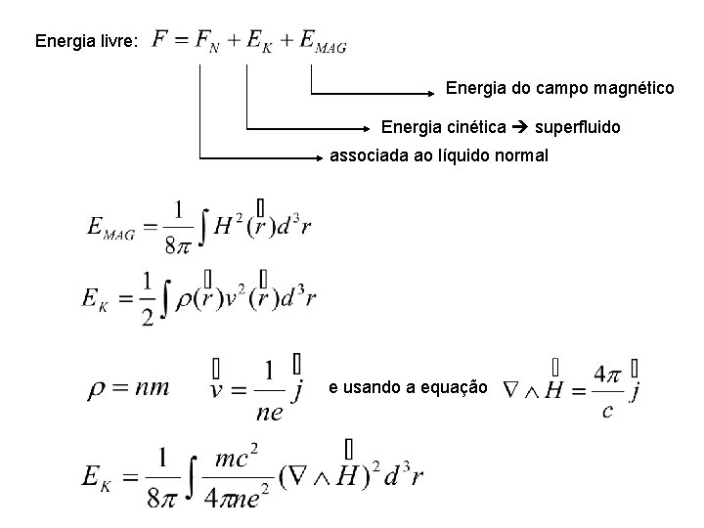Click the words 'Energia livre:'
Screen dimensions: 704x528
click(x=87, y=41)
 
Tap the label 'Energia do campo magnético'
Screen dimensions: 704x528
click(x=560, y=89)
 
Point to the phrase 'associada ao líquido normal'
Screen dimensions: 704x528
click(x=439, y=156)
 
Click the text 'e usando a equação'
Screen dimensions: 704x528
click(x=408, y=388)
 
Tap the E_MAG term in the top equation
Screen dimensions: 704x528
click(x=322, y=42)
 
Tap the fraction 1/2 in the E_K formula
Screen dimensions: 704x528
click(x=148, y=298)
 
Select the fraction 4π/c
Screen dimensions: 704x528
click(x=607, y=390)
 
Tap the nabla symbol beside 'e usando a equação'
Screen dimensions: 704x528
click(x=509, y=390)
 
